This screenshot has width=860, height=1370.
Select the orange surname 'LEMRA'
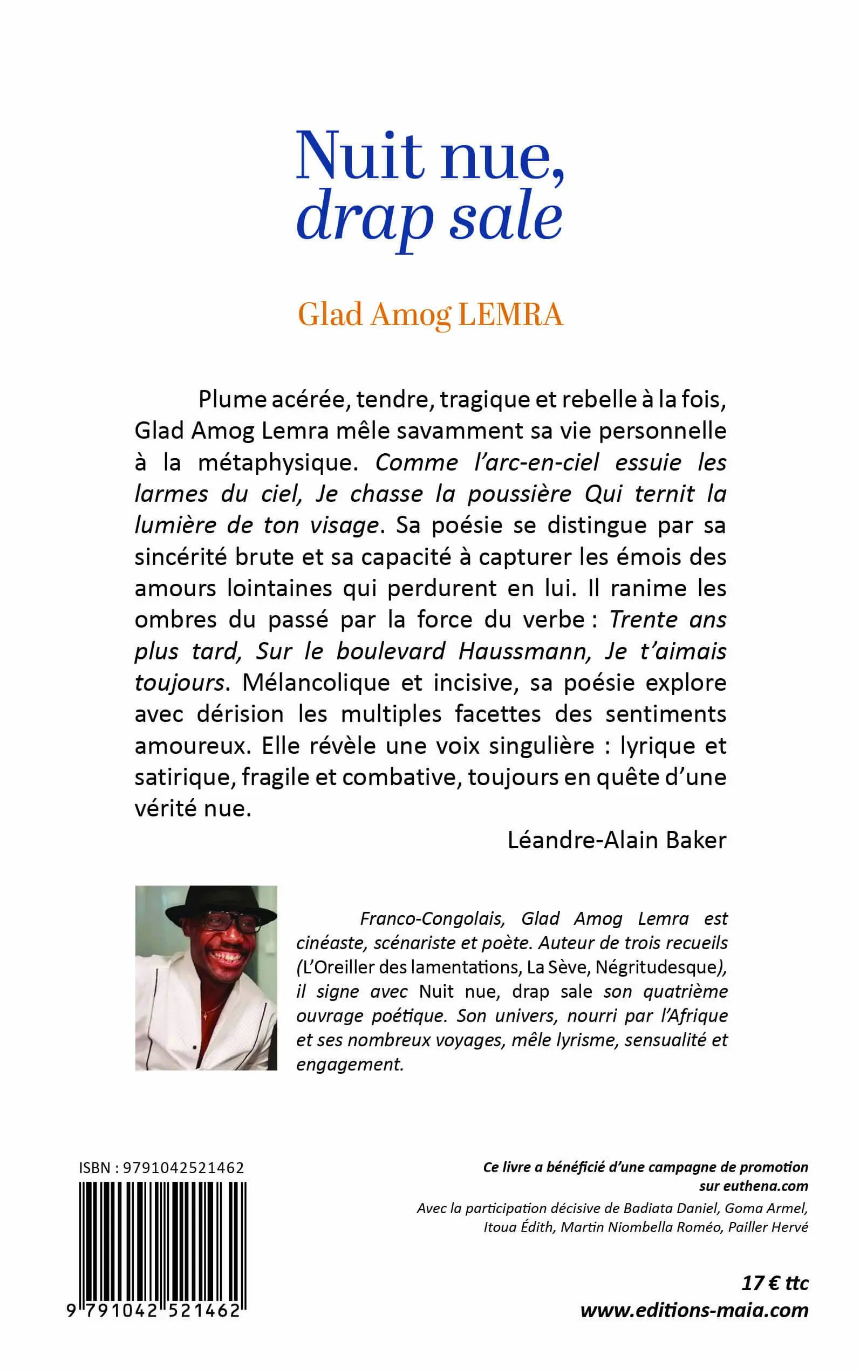[x=510, y=315]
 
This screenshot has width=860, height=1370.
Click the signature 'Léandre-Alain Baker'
[x=617, y=841]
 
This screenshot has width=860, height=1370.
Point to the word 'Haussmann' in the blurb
[x=525, y=652]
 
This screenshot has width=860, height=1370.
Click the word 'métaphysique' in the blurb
[x=277, y=463]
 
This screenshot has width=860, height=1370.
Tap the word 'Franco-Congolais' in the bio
[x=432, y=919]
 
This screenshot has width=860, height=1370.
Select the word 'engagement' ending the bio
[x=349, y=1064]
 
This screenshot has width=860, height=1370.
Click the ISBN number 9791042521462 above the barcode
[x=183, y=1168]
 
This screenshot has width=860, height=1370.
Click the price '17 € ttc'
[x=775, y=1284]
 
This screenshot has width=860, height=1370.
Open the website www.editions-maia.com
[x=694, y=1311]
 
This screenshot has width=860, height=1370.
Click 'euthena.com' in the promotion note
[x=765, y=1187]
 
